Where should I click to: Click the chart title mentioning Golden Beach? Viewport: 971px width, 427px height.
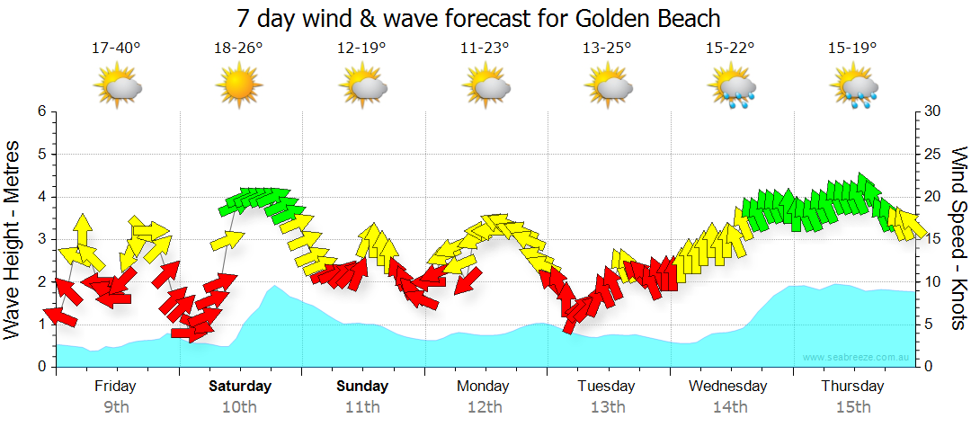479,18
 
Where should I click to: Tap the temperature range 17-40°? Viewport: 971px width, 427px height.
116,49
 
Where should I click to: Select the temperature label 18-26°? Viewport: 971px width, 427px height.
238,49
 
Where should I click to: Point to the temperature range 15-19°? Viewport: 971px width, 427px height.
853,49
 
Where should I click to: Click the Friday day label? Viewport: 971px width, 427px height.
116,387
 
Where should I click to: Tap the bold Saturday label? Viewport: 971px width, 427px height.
239,387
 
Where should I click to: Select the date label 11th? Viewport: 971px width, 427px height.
362,406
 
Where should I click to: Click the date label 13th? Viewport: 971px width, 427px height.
609,406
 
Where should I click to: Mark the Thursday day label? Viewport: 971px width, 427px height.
852,387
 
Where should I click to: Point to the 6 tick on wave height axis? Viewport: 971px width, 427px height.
41,111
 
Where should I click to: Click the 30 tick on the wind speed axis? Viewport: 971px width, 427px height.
933,111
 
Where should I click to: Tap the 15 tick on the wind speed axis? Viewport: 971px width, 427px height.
932,239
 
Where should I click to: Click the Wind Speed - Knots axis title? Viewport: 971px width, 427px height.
958,239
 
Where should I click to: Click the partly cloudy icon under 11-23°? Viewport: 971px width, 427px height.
485,86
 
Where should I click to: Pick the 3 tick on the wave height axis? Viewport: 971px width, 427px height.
41,239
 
